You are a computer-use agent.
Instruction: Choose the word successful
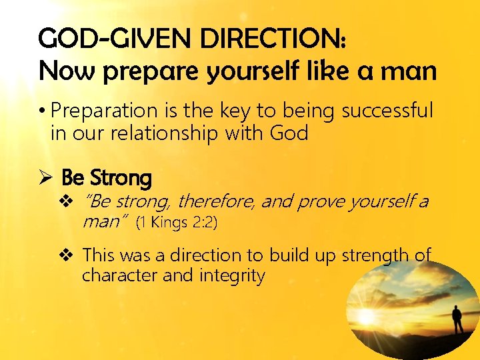click(387, 110)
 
